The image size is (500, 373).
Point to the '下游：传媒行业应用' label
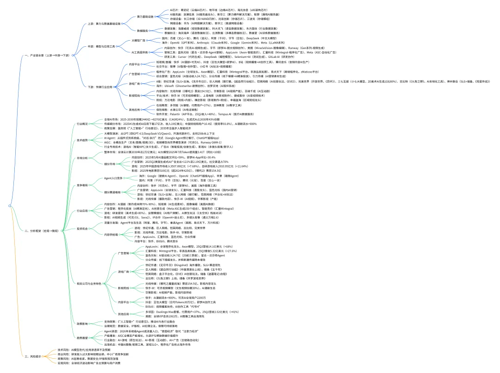pyautogui.click(x=99, y=87)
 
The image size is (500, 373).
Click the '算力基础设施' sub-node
pyautogui.click(x=144, y=16)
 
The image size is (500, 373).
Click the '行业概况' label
pyautogui.click(x=82, y=124)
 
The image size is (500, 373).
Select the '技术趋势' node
pyautogui.click(x=82, y=140)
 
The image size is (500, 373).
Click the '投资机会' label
pyautogui.click(x=82, y=228)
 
